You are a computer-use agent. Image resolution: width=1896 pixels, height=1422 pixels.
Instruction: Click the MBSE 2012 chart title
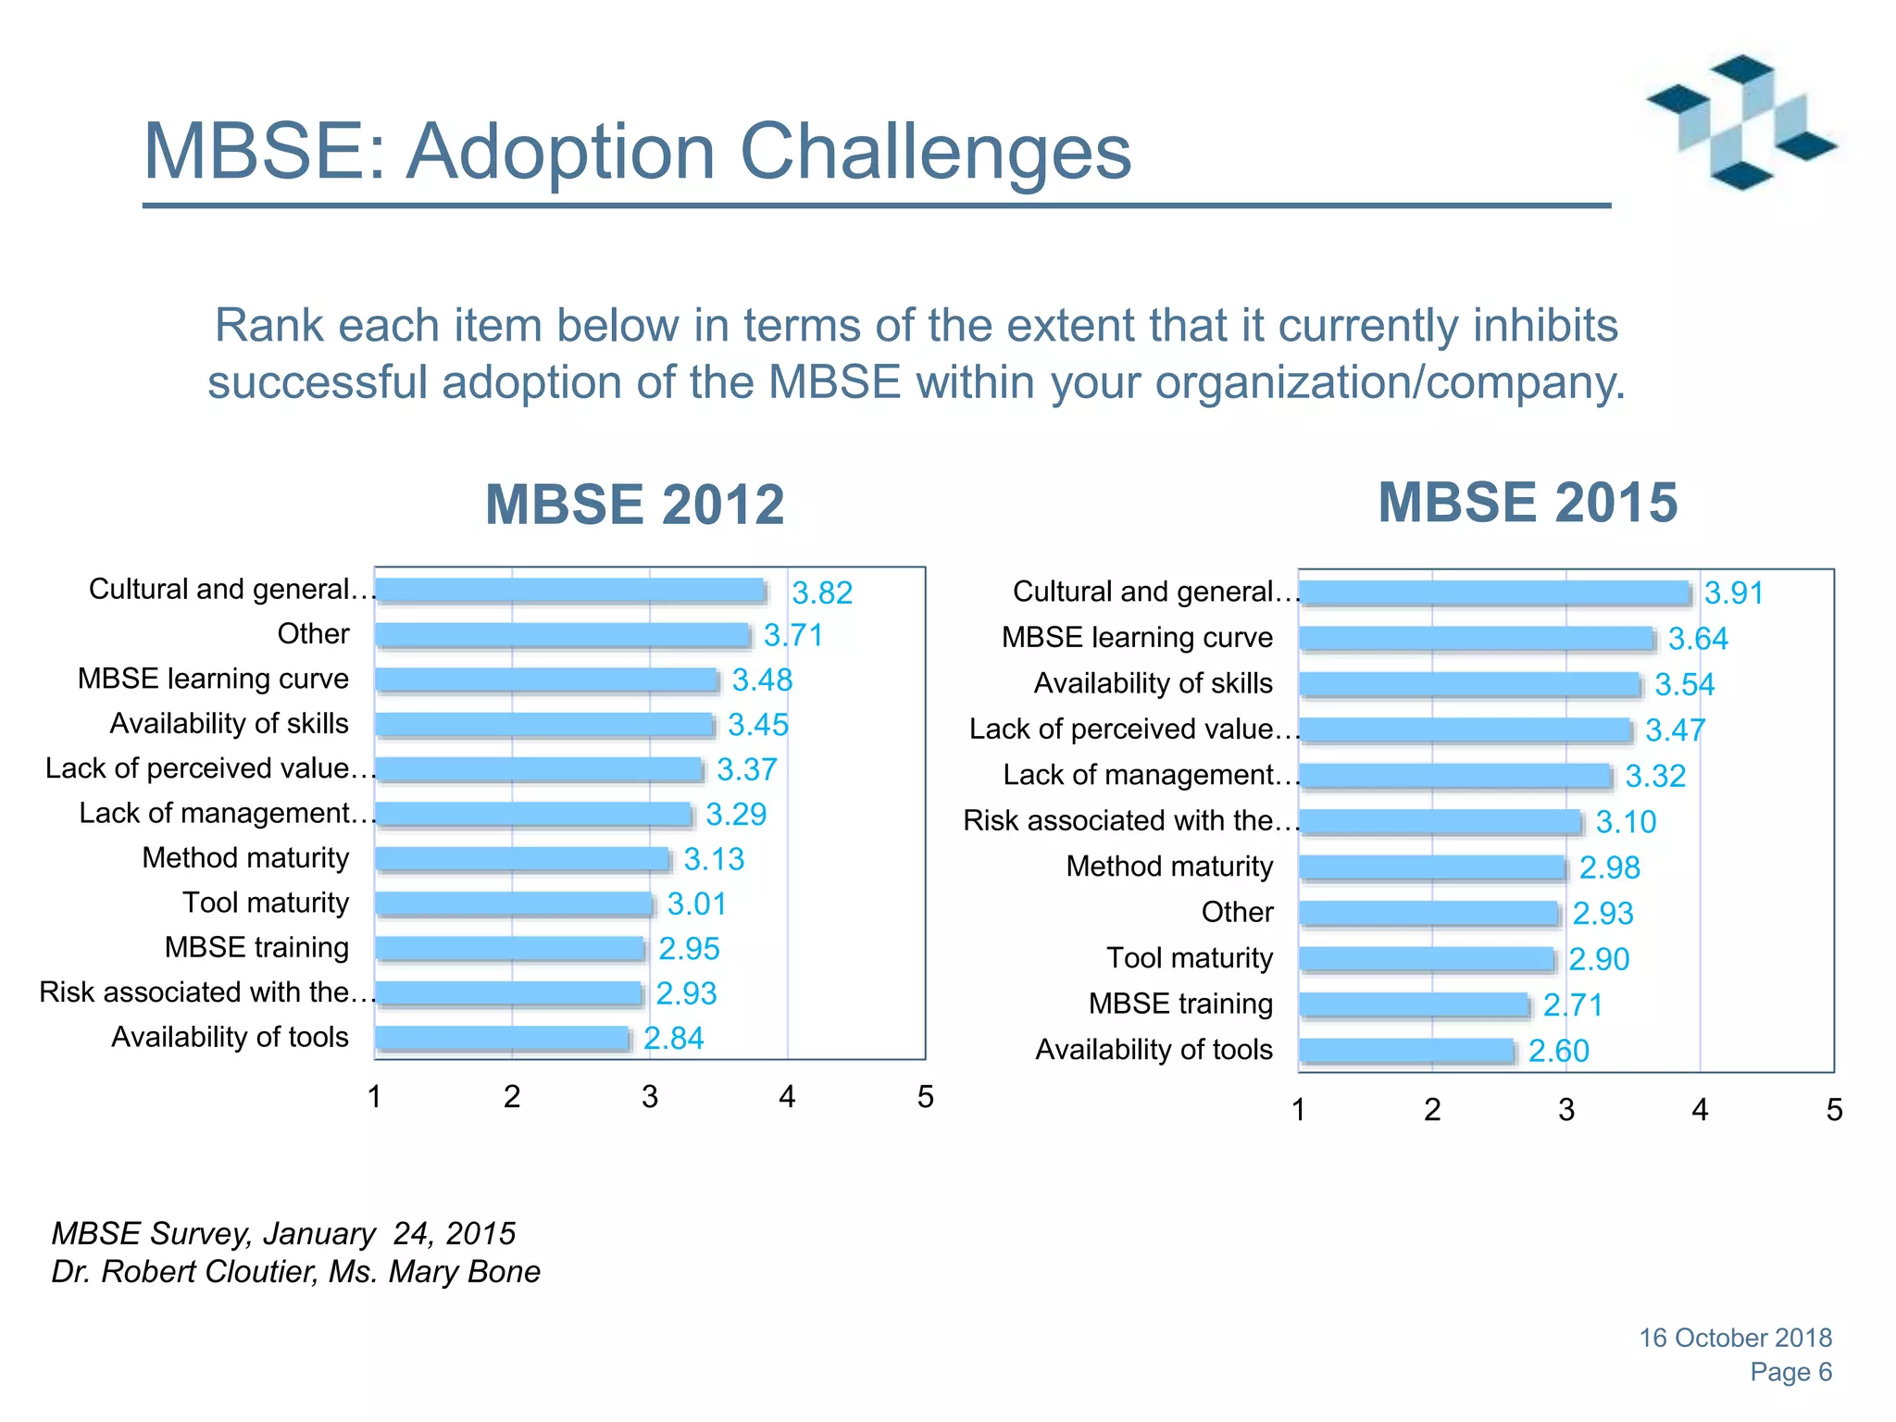tap(634, 505)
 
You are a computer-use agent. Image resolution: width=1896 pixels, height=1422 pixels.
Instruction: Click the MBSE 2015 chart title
tap(1528, 503)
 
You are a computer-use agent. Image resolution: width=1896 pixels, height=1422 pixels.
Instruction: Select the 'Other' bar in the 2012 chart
tap(562, 634)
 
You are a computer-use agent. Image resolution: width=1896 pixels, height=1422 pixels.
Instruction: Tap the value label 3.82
tap(822, 592)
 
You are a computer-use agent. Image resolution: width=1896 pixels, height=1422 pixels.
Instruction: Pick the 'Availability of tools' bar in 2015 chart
tap(1406, 1050)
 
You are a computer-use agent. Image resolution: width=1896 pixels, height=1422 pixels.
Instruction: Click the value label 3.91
tap(1734, 592)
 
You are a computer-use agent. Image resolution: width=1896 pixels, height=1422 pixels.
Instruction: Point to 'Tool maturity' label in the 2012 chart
tap(266, 903)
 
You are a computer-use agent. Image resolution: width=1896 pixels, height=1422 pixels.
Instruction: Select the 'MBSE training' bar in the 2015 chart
tap(1413, 1004)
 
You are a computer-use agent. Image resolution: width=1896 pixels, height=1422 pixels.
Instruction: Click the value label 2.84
tap(674, 1038)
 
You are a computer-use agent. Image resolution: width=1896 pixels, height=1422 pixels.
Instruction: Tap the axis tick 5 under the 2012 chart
tap(925, 1097)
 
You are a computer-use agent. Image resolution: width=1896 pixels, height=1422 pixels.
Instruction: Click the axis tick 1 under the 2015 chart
tap(1299, 1109)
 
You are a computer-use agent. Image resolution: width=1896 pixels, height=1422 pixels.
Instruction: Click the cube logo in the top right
tap(1740, 122)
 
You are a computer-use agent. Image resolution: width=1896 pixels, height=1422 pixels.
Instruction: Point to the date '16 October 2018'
tap(1735, 1338)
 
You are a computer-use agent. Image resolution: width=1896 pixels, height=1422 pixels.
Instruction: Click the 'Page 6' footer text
tap(1790, 1372)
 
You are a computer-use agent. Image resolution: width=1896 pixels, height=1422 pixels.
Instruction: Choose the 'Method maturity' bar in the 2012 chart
tap(522, 858)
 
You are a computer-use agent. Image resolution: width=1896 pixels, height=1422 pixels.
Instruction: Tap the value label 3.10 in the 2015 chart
tap(1626, 822)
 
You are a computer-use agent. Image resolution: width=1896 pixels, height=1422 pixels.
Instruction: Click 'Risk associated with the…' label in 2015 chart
tap(1131, 820)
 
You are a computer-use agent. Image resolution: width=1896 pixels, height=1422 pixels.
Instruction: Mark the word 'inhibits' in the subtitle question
tap(1545, 325)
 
